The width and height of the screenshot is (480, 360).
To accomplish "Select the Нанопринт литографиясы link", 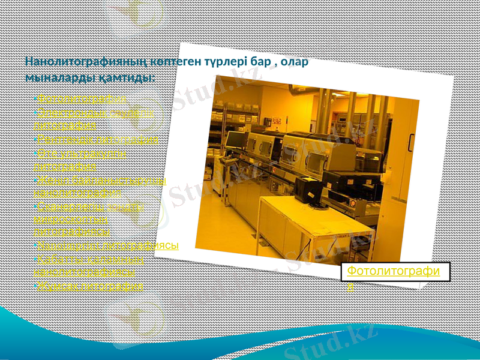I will tap(108, 245).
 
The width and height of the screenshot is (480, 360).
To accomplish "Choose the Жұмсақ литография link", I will tap(90, 286).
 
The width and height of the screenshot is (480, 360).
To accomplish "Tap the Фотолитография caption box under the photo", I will tap(395, 275).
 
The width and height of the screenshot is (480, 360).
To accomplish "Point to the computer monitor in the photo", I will tap(236, 140).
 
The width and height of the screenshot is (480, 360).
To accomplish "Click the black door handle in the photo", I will tap(412, 142).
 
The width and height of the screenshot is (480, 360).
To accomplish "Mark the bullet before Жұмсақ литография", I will tap(35, 286).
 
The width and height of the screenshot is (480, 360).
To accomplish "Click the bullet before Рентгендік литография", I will tap(35, 139).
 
